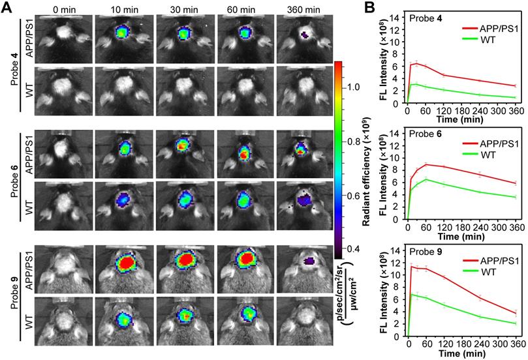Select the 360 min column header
tap(303, 9)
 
